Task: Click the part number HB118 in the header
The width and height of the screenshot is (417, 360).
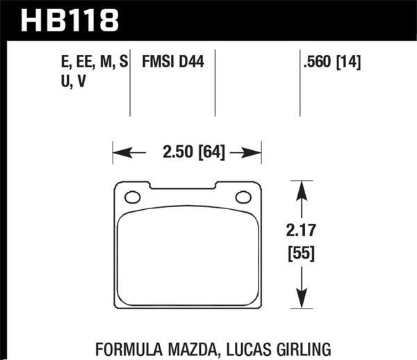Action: (69, 20)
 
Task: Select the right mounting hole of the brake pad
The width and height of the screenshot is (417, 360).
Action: (244, 197)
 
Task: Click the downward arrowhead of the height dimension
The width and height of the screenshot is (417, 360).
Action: (302, 300)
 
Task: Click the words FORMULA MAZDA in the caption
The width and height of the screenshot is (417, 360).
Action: (143, 341)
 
